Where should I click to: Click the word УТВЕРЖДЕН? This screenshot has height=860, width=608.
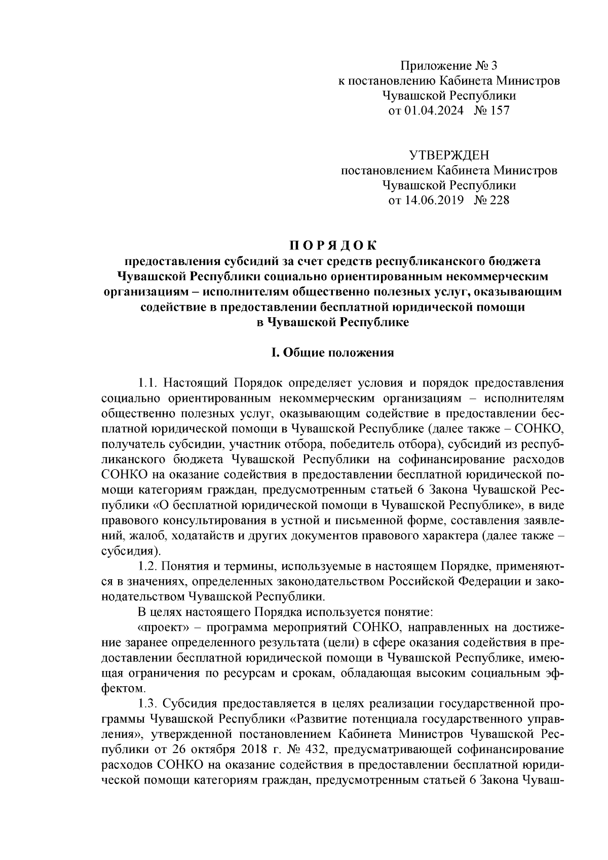[449, 155]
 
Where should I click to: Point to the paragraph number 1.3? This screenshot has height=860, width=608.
[148, 704]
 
